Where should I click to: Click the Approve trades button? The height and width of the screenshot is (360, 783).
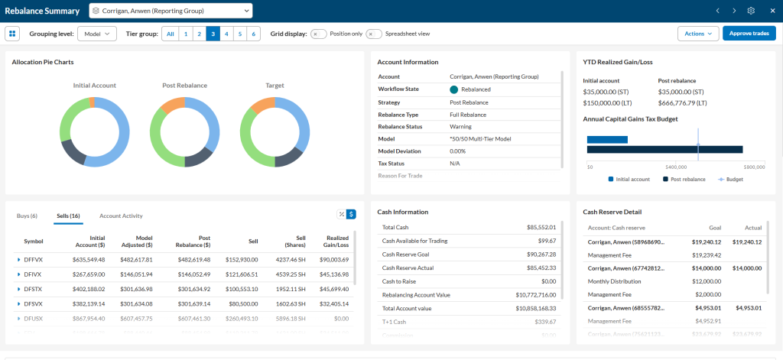749,34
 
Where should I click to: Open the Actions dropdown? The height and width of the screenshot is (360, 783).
698,34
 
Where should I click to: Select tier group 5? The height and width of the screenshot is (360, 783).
240,34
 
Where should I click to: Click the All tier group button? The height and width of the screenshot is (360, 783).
170,34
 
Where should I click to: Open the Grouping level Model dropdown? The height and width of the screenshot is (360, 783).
96,34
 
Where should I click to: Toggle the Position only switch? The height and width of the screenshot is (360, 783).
318,34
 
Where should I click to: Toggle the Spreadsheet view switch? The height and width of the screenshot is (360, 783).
374,34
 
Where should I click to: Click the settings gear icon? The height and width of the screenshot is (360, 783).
751,11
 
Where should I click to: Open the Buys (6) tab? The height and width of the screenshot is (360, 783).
27,216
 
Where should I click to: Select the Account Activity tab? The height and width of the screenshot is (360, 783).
121,216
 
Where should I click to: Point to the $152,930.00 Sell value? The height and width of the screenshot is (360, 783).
242,260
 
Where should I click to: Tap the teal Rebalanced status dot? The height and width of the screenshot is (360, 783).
454,89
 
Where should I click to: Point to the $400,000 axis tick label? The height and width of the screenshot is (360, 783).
676,167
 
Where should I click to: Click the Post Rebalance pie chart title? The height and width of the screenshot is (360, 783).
184,86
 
